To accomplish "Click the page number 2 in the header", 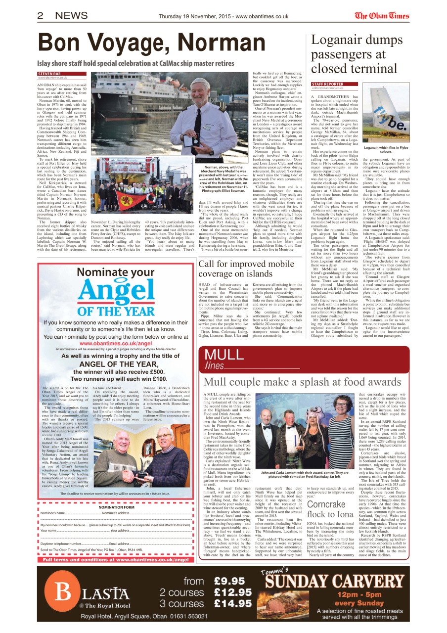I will [x=41, y=15].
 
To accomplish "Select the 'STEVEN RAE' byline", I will [x=49, y=74].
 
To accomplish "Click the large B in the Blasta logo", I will [x=64, y=590].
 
